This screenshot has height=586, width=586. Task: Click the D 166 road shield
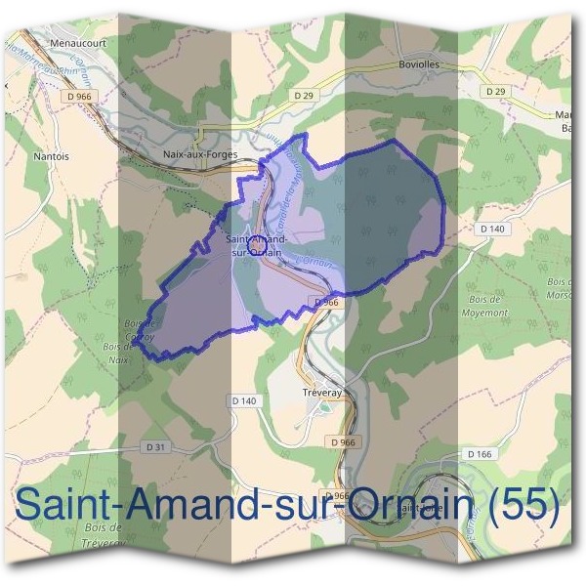pyautogui.click(x=479, y=454)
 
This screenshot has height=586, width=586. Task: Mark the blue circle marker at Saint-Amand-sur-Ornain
pyautogui.click(x=256, y=247)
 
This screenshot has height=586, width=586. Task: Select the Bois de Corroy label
pyautogui.click(x=140, y=330)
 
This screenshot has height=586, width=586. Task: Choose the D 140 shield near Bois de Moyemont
pyautogui.click(x=492, y=229)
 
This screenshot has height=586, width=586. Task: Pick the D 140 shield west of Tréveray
pyautogui.click(x=243, y=400)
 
